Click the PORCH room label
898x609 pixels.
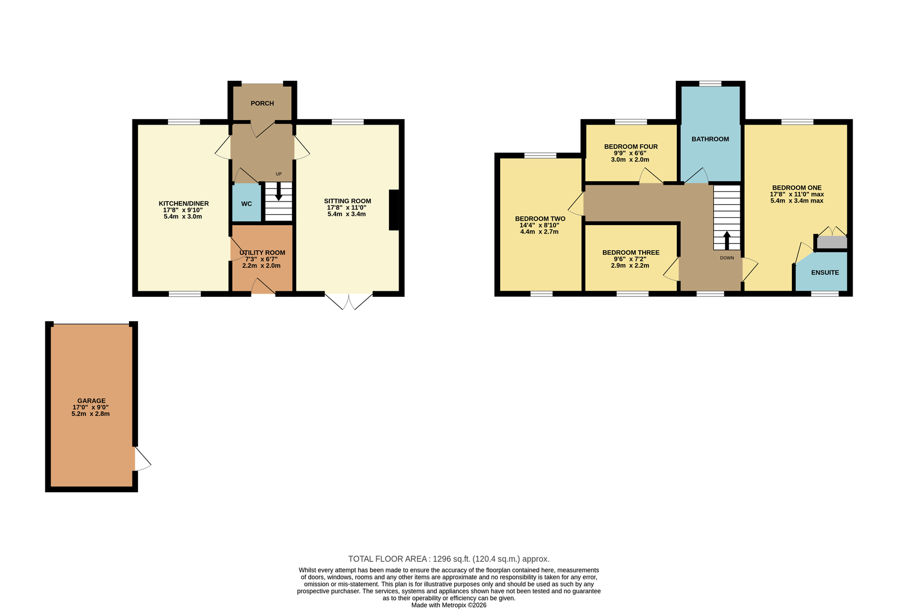pos(262,103)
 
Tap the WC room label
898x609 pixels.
pos(246,204)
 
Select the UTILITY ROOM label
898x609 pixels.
pos(262,253)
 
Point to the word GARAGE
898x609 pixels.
pos(91,401)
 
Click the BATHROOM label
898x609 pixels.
pos(711,139)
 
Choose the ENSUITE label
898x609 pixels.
pos(825,273)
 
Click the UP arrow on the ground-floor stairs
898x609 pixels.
pos(278,191)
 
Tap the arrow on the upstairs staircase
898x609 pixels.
pos(726,240)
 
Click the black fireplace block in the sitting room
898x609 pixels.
pos(393,210)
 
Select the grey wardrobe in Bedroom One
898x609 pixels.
pos(832,242)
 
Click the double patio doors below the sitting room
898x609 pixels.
pos(349,301)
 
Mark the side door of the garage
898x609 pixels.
pos(142,459)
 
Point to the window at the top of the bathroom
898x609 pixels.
pos(711,84)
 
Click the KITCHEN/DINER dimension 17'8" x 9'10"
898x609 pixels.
pos(183,210)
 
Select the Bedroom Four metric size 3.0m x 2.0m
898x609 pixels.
pos(630,159)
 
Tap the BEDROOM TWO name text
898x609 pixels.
pos(540,219)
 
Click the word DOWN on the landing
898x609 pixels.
pos(727,258)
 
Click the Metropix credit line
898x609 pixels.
pos(449,606)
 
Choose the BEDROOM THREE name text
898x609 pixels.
pos(631,253)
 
